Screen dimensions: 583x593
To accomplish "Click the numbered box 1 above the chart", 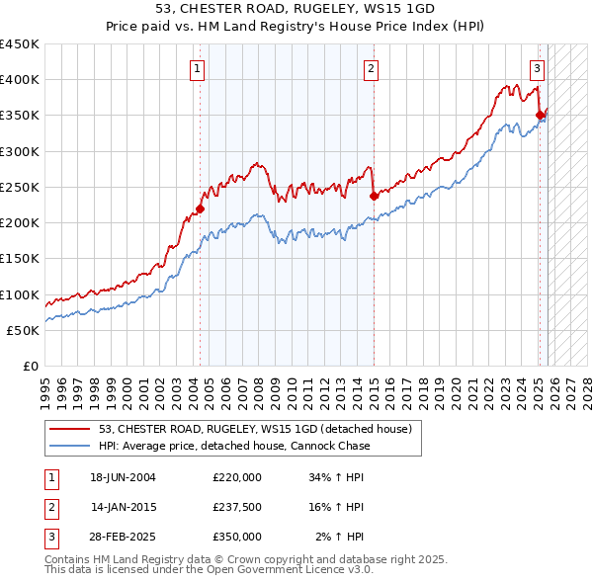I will coord(199,69).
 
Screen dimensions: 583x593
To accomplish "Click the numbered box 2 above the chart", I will coord(371,69).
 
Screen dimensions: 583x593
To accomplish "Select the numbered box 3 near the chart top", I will coord(536,69).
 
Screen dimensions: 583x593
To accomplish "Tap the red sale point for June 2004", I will coord(200,208).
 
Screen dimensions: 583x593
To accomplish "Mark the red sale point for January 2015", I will coord(375,196).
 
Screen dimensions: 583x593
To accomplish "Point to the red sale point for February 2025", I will coord(540,116).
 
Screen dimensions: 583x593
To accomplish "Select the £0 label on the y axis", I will coord(30,367).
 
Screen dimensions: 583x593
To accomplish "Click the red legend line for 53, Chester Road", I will coord(70,429).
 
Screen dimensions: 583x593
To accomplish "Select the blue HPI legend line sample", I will coord(70,446).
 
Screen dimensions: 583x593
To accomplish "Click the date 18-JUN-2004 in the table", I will coord(123,477).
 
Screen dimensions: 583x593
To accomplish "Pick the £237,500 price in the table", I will coord(236,507).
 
